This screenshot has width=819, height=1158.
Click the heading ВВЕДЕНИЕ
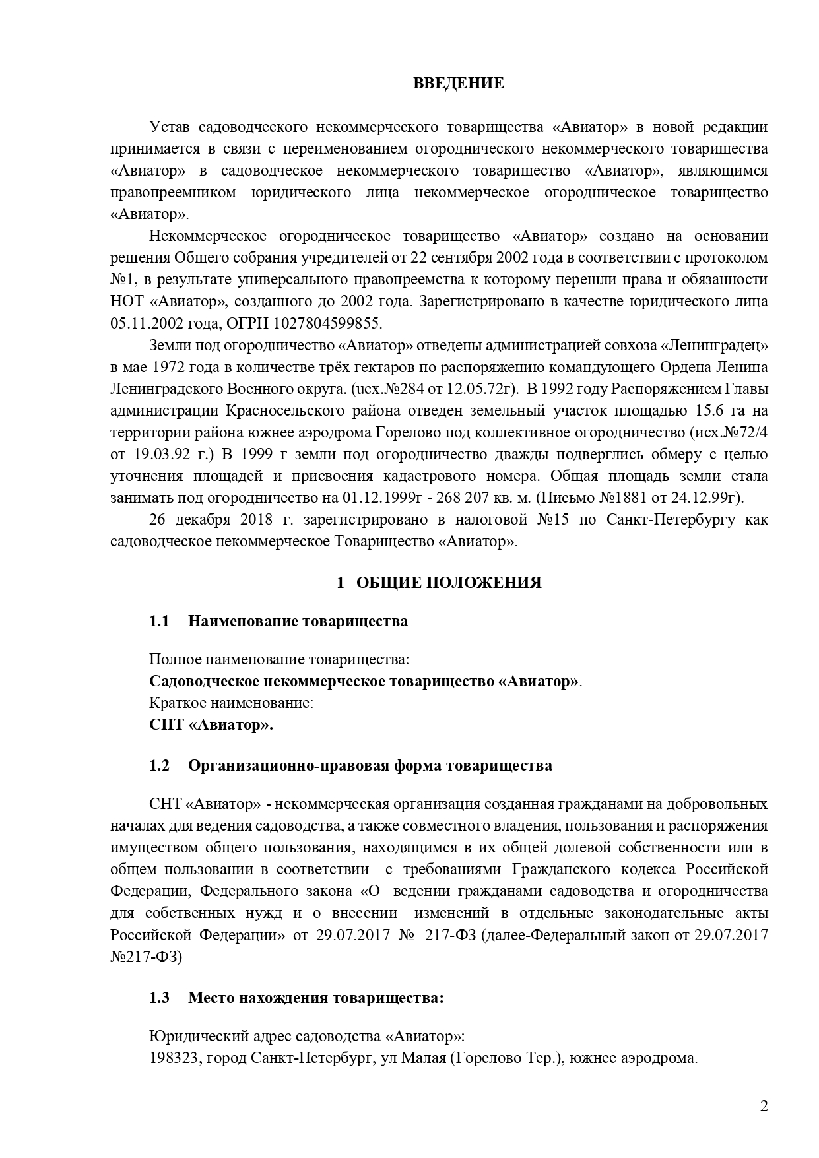click(x=459, y=83)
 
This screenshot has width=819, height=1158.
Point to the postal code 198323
click(x=174, y=1058)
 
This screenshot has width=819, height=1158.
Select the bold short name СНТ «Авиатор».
click(x=211, y=724)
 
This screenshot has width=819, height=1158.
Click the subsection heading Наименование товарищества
click(x=298, y=621)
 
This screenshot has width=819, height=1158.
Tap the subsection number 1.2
click(x=159, y=765)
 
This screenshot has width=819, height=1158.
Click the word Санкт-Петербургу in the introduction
click(x=668, y=519)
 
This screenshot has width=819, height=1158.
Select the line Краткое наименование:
click(x=231, y=703)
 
